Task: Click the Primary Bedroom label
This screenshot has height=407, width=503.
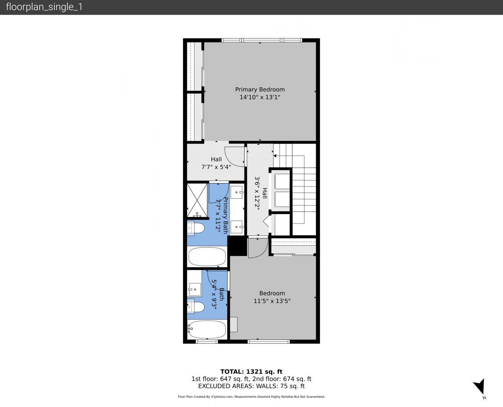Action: [260, 90]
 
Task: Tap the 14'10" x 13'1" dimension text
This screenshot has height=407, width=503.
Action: [260, 97]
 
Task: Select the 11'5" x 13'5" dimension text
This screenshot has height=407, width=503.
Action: [272, 301]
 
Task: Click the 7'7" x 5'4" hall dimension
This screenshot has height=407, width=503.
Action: [216, 167]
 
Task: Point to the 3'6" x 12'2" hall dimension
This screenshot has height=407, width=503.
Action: [257, 193]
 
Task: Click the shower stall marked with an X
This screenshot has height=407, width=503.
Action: [197, 200]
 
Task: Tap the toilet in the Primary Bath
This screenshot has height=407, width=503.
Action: [196, 228]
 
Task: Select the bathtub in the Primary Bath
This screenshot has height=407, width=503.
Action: [207, 257]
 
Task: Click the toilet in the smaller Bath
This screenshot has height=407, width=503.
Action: [196, 307]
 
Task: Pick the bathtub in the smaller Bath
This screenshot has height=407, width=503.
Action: [207, 329]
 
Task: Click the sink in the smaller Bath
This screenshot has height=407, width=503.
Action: [194, 289]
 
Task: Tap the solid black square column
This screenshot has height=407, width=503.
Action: [237, 246]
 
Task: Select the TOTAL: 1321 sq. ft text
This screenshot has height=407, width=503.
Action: [251, 372]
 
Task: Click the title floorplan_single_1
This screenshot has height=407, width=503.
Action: [44, 7]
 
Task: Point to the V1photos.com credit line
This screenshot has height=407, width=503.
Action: [251, 396]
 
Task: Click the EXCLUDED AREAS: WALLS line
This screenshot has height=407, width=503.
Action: [251, 386]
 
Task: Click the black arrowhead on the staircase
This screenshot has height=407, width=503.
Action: [275, 156]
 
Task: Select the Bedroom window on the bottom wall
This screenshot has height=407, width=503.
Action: [269, 341]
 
